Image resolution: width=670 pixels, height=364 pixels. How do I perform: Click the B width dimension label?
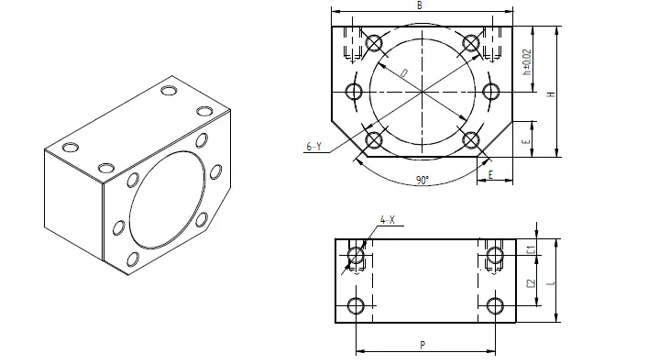419,6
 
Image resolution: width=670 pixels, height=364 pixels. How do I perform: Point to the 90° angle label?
422,181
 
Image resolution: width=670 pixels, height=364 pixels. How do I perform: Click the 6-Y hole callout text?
313,147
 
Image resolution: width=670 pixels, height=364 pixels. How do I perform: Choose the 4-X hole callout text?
387,221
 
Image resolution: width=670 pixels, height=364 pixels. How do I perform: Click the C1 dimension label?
531,248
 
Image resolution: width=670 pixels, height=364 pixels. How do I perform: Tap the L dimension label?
550,284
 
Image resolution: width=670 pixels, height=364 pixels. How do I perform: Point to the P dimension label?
421,345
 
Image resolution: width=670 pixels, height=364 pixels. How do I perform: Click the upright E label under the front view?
490,174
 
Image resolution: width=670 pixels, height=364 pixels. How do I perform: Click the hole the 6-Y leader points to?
373,140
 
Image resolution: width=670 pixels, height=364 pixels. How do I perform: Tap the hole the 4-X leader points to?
356,255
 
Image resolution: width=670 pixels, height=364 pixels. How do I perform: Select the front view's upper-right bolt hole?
471,42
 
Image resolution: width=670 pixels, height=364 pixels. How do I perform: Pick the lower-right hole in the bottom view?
496,305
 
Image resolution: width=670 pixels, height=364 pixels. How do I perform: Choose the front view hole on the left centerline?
355,92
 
